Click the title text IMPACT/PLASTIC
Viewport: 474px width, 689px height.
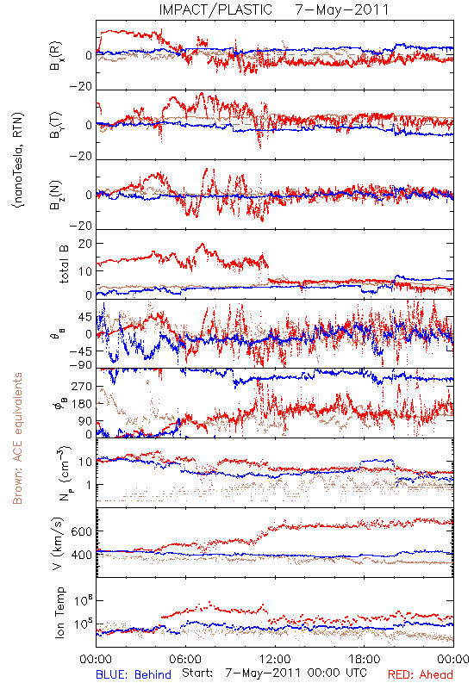pos(215,9)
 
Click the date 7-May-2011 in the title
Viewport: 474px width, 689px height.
pos(342,9)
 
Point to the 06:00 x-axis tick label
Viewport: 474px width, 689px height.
pos(185,659)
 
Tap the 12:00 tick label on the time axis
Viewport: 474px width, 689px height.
pos(275,659)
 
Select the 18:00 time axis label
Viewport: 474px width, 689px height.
pos(365,659)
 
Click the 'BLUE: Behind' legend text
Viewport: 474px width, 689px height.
pos(134,674)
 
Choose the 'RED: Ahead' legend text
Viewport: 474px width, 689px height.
pos(421,674)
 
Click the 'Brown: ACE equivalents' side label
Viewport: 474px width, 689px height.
pos(17,438)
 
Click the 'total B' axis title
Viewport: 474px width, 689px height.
pos(63,264)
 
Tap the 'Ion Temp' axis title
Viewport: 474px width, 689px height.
pos(59,612)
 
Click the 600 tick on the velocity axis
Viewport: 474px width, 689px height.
pos(82,531)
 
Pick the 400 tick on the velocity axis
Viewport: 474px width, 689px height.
pos(82,555)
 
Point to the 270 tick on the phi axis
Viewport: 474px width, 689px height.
pos(82,386)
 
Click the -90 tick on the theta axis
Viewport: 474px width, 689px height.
pos(80,365)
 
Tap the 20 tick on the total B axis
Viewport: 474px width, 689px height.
pos(84,245)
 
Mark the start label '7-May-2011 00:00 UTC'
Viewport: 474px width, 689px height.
pos(296,673)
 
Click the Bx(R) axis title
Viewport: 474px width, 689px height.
pos(55,56)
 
